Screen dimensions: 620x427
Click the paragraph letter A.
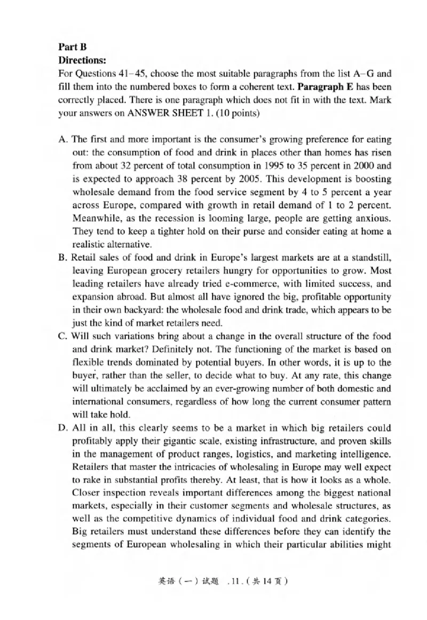coord(62,139)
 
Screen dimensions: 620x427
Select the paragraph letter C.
coord(62,336)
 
